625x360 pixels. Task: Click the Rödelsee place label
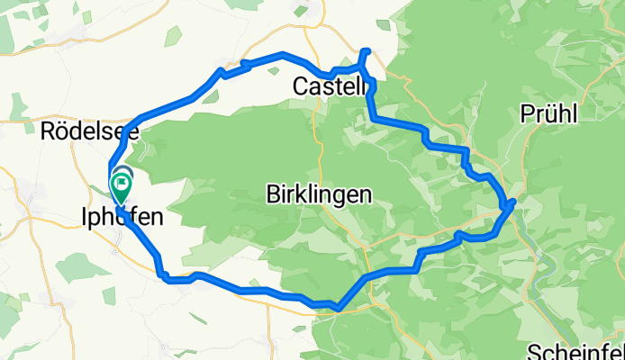[90, 131]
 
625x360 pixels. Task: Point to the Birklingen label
[320, 193]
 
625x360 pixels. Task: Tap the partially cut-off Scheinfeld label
[574, 352]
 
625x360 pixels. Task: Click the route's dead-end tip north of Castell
[365, 50]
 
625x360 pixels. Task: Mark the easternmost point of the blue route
[513, 203]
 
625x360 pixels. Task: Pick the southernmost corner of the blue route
[337, 308]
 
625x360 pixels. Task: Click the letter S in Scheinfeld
[531, 352]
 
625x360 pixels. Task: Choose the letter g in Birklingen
[340, 195]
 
